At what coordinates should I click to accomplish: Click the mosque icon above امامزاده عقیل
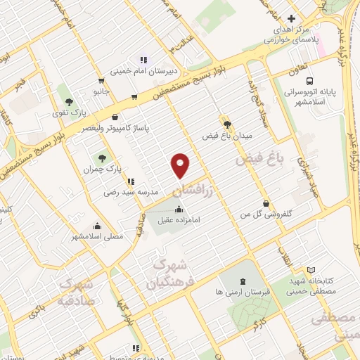click(x=178, y=208)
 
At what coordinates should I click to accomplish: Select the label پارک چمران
click(x=98, y=169)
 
